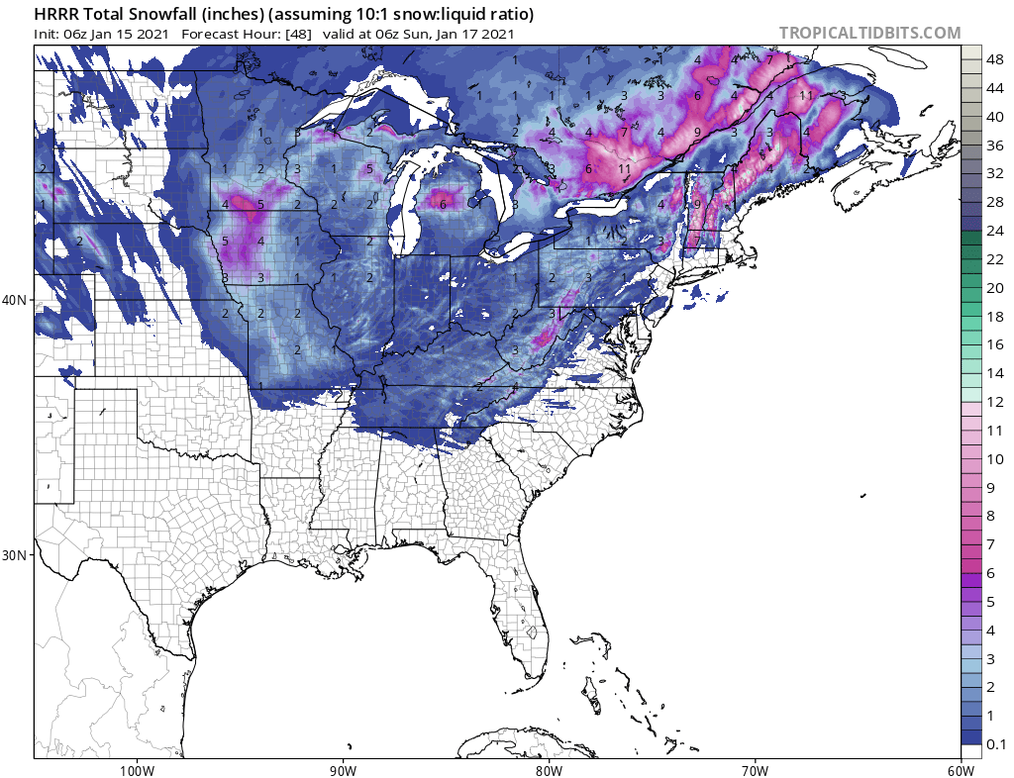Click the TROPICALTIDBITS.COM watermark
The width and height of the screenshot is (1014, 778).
(869, 33)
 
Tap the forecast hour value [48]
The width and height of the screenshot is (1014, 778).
(300, 34)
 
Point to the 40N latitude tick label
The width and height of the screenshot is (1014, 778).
(17, 300)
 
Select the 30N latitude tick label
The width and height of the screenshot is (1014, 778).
(17, 554)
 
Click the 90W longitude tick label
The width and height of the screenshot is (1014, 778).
(343, 770)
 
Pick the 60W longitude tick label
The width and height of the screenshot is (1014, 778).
(961, 770)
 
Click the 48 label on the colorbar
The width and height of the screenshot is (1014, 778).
(995, 60)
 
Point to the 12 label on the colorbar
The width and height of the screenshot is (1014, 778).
(995, 402)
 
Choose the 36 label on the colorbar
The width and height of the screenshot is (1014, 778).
(995, 146)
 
